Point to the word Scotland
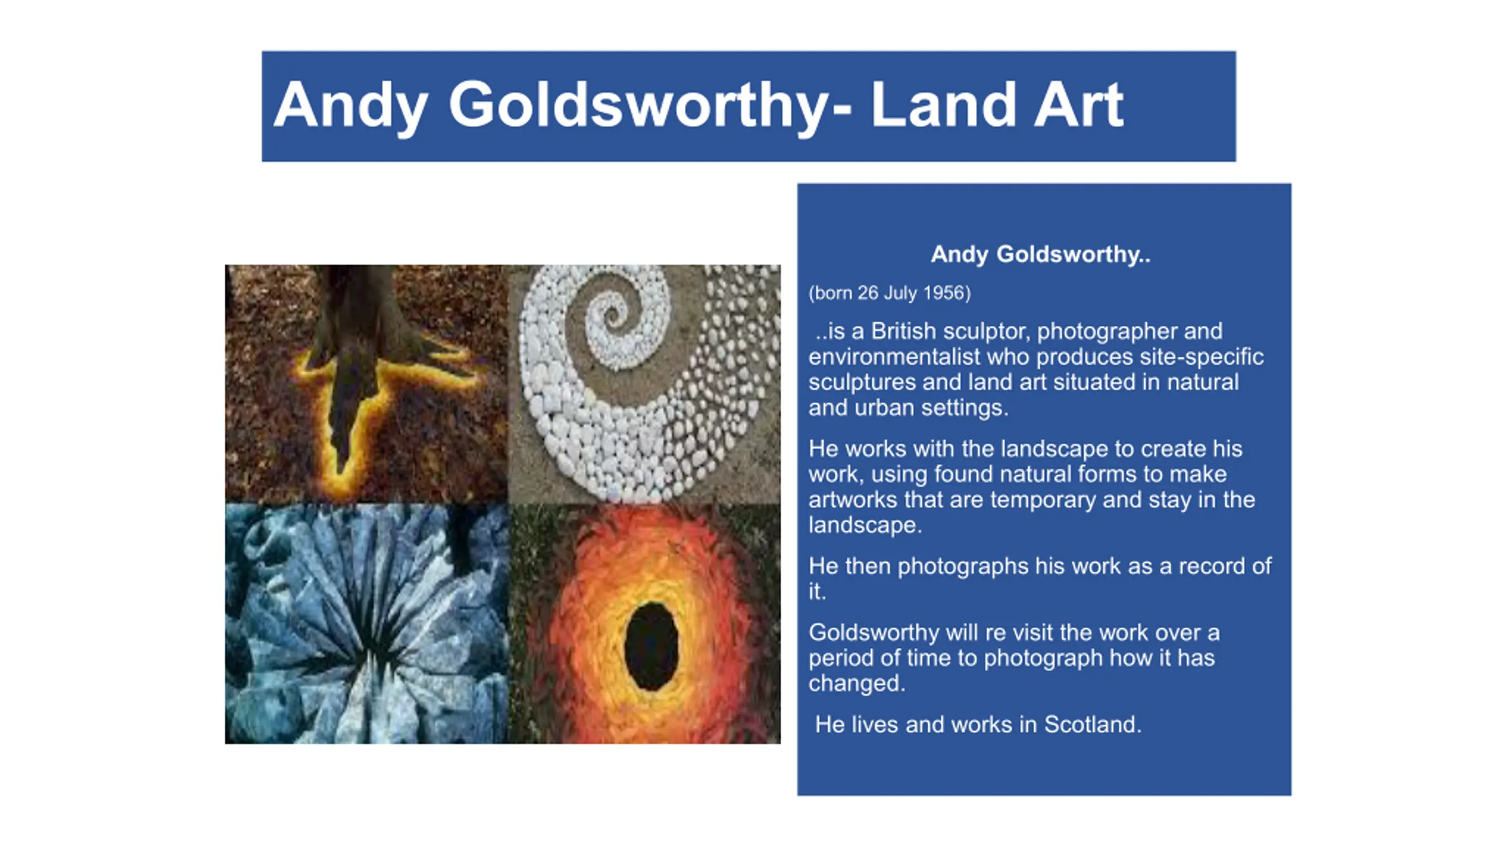click(x=1092, y=725)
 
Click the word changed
click(x=856, y=684)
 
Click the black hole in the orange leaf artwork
click(x=651, y=646)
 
